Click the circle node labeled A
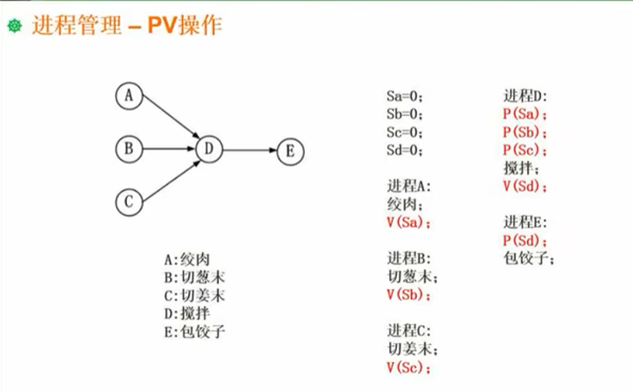point(129,97)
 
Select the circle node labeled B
point(129,148)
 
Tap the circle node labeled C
point(129,203)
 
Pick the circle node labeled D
point(210,148)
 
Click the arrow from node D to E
point(249,149)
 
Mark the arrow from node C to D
point(169,177)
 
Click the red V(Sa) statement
point(409,223)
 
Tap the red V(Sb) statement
point(409,295)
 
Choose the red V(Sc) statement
point(409,367)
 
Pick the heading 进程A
point(409,187)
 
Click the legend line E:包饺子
point(193,332)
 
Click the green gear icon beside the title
point(13,26)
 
